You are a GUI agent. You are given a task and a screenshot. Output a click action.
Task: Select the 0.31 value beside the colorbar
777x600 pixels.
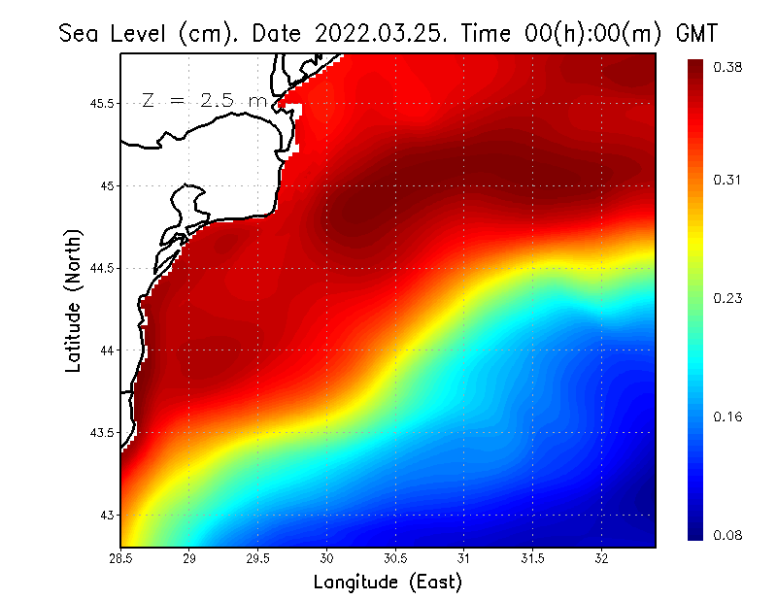point(728,180)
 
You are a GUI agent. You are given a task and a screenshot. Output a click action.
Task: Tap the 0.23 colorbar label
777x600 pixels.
point(728,298)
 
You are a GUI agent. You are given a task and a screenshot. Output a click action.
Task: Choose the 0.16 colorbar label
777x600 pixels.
point(728,417)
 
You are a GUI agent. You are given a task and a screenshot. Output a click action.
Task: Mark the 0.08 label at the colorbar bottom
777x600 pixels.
point(728,535)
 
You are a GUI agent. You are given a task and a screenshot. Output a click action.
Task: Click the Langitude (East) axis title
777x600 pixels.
point(388,583)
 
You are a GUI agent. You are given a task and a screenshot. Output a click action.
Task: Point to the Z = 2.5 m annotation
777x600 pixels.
point(204,101)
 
